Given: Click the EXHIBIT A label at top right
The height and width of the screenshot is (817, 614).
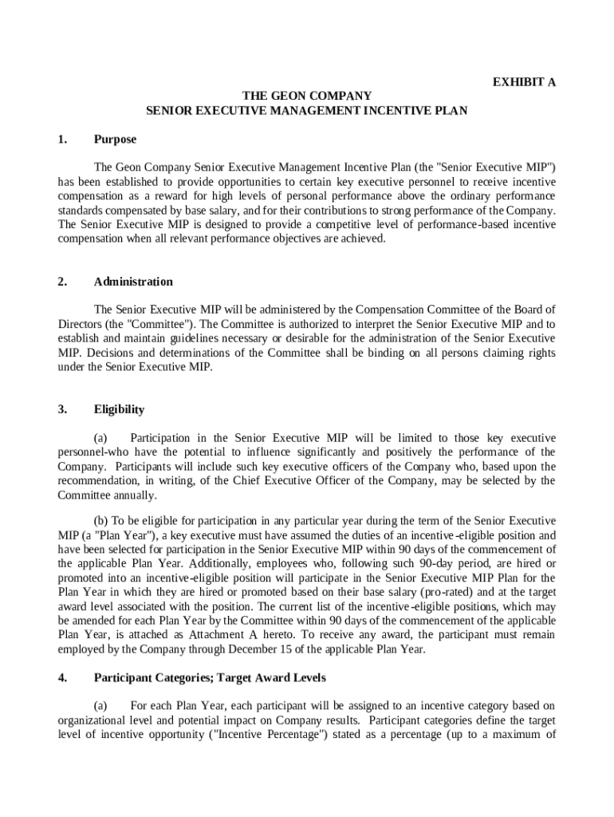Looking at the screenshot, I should tap(524, 82).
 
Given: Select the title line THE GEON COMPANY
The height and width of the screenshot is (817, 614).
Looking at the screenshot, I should tap(307, 97).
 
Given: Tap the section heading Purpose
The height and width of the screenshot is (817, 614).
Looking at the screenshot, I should tap(115, 140).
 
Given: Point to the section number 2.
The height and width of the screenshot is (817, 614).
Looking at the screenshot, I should tap(61, 282).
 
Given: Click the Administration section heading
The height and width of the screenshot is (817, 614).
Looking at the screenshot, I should tap(133, 282).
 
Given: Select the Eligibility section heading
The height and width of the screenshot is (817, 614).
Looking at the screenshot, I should tap(119, 409).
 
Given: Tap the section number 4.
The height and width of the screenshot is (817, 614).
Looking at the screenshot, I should tap(61, 678).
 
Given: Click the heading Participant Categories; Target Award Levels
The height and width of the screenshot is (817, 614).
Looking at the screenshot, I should tap(210, 678).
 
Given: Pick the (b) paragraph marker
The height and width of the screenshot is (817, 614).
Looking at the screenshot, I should tap(102, 521).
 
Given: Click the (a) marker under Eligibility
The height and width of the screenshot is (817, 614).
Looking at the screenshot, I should tap(100, 438).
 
